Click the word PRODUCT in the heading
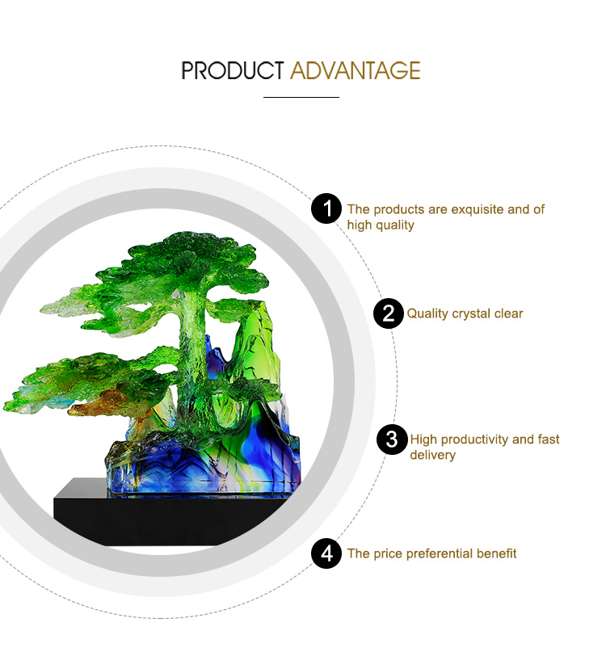click(233, 70)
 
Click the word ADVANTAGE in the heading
click(356, 70)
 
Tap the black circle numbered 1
click(326, 208)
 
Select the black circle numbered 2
click(389, 313)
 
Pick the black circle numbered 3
click(392, 440)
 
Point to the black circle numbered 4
click(326, 553)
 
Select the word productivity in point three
click(474, 440)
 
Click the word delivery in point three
click(433, 455)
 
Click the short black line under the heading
click(301, 97)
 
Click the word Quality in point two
click(427, 314)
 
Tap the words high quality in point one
click(381, 225)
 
